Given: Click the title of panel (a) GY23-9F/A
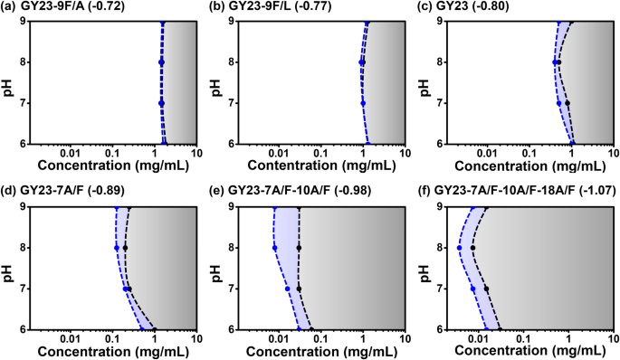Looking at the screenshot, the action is tap(63, 6).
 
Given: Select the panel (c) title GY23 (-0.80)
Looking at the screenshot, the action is tap(463, 6).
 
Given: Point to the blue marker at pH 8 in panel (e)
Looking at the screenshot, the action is tap(275, 248).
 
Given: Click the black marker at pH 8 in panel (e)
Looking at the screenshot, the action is tap(299, 248).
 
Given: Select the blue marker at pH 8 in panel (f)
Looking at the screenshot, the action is tap(459, 248).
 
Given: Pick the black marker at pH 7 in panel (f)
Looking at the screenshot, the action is tap(486, 289).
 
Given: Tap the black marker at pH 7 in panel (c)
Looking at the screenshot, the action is tap(568, 103).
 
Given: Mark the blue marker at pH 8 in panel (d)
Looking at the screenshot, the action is tap(117, 248).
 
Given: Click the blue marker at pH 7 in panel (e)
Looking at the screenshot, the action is tap(288, 289).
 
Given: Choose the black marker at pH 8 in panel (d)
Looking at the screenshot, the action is tap(125, 248).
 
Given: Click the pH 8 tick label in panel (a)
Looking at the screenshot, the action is tap(22, 62).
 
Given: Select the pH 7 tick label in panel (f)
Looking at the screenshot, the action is tap(439, 289).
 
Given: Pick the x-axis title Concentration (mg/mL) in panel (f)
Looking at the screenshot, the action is tap(529, 351).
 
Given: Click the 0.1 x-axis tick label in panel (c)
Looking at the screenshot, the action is tap(529, 154).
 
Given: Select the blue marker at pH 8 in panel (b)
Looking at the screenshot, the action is tap(361, 62).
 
